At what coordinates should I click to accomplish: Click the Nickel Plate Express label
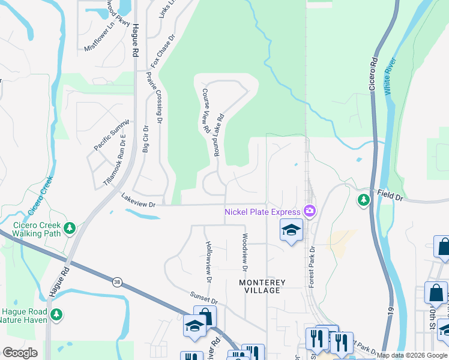click(262, 211)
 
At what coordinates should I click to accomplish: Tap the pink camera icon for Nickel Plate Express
click(310, 211)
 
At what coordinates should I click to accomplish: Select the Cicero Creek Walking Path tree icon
click(70, 227)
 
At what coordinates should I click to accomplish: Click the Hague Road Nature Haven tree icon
click(56, 314)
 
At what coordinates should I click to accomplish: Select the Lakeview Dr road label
click(138, 200)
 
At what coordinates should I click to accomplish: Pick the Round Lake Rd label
click(217, 136)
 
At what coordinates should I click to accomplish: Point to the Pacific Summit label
click(111, 135)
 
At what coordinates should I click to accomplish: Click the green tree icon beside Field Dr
click(363, 200)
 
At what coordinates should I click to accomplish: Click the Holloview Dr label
click(208, 262)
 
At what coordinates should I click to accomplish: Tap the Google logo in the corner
click(20, 353)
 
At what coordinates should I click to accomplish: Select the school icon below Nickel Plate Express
click(291, 230)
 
